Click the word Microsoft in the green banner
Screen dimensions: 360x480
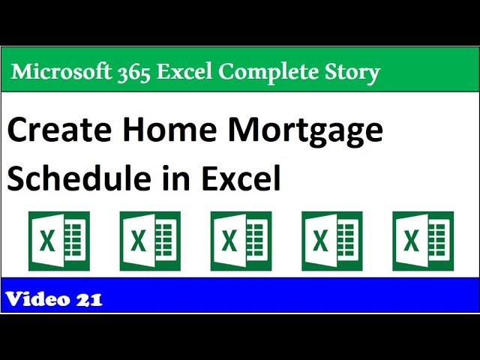click(57, 72)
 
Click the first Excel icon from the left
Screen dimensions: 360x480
click(58, 240)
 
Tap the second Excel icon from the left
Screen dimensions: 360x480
click(150, 240)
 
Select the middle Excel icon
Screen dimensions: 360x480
click(241, 240)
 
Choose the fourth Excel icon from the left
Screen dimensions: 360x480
click(331, 240)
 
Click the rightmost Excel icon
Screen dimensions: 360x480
click(423, 240)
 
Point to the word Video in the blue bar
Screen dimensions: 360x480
click(37, 300)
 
